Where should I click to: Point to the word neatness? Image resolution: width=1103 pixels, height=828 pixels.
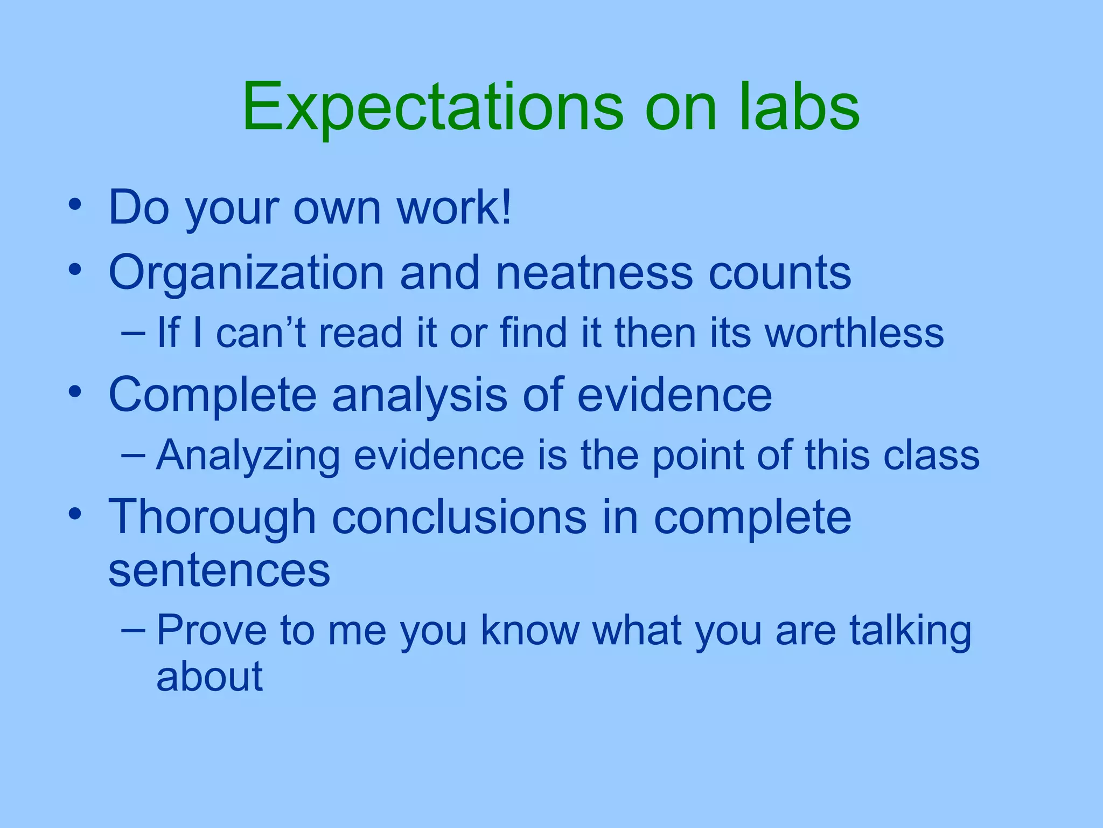(594, 272)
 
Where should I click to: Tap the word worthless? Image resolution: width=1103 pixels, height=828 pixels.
(855, 333)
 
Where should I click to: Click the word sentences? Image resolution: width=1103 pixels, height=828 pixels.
(219, 570)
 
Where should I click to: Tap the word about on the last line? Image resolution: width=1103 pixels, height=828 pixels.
(210, 676)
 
